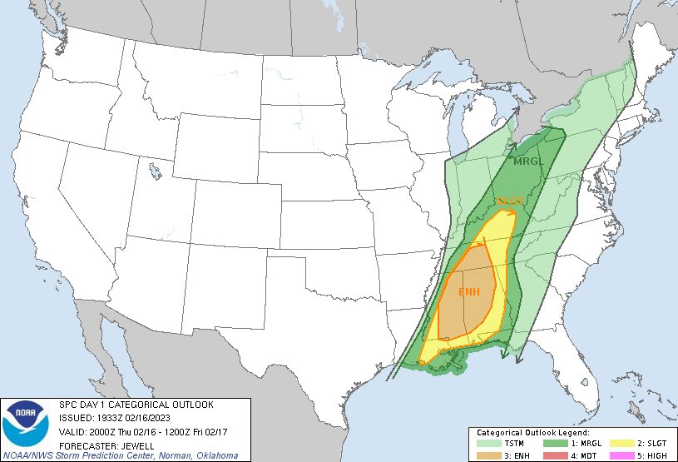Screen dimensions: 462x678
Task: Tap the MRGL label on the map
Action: (527, 161)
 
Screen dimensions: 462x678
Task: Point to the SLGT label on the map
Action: (509, 201)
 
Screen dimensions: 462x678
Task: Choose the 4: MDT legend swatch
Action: (553, 455)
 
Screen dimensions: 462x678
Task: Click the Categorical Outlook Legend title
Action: (532, 434)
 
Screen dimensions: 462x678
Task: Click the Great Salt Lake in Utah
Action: (156, 174)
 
